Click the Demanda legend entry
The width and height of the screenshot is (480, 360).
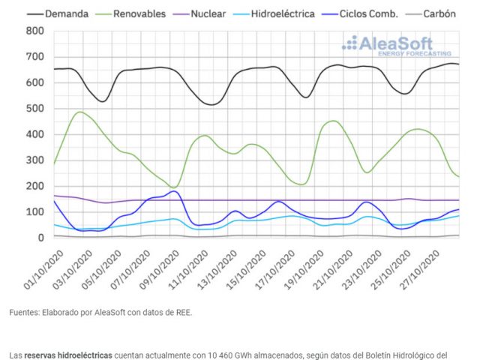(x=64, y=13)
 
